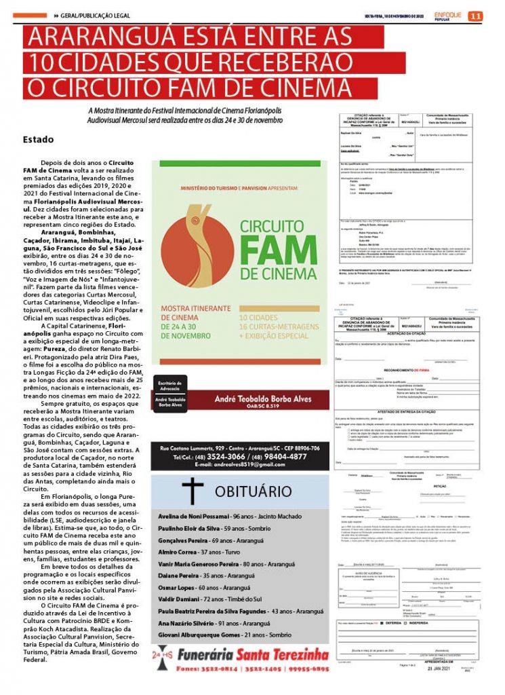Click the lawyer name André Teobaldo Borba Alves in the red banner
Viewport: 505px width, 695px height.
click(x=263, y=399)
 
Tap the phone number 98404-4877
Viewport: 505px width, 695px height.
click(x=283, y=456)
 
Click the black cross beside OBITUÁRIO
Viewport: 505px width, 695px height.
click(x=193, y=490)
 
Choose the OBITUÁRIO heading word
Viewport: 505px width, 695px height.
click(x=253, y=491)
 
